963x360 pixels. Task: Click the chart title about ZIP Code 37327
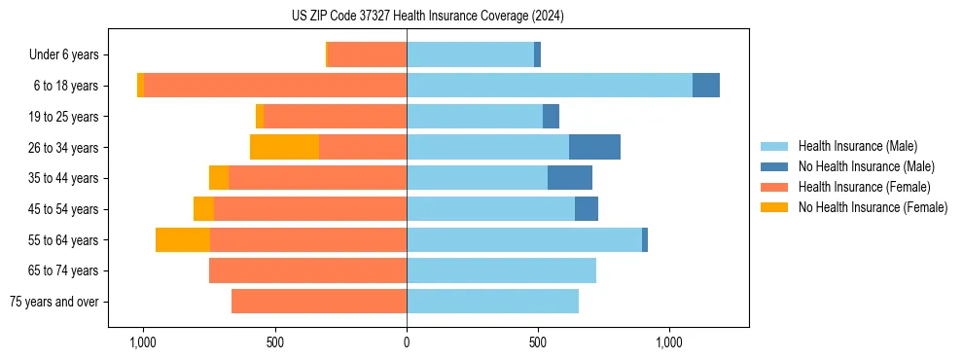click(427, 16)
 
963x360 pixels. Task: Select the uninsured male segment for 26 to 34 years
click(594, 147)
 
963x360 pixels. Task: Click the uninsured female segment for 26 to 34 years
click(284, 147)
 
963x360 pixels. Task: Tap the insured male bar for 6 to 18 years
click(550, 86)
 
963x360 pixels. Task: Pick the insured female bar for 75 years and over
click(319, 302)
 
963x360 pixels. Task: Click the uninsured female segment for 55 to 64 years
click(183, 239)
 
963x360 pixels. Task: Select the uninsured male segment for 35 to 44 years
click(570, 178)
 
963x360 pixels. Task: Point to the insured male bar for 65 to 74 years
click(501, 270)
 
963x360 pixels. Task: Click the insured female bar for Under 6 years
click(368, 54)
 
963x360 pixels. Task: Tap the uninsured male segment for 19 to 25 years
click(551, 117)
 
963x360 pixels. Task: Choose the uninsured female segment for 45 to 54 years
click(203, 209)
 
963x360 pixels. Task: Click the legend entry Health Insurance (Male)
click(857, 146)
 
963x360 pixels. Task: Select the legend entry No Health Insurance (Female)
click(873, 207)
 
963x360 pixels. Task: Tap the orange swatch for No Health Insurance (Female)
click(774, 207)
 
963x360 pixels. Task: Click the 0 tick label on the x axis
click(407, 342)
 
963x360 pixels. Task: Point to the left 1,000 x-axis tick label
click(143, 342)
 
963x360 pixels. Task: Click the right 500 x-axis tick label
click(538, 342)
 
